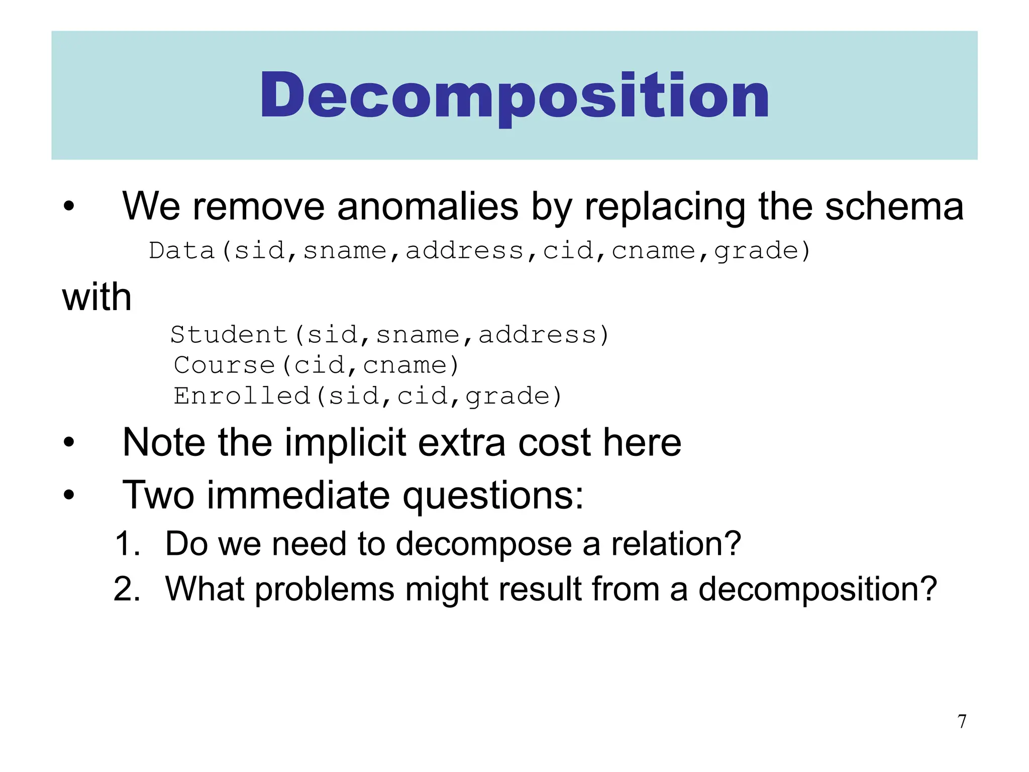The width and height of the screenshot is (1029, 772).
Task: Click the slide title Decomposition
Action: (x=514, y=95)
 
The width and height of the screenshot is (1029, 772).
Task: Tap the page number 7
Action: (x=962, y=721)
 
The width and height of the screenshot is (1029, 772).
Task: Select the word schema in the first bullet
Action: (x=894, y=207)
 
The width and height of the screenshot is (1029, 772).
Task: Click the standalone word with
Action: (x=97, y=297)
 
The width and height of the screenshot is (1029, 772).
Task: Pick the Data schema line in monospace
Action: (x=479, y=250)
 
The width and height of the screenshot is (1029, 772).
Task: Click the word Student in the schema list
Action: (x=229, y=335)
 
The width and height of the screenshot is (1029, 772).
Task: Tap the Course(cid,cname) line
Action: (x=316, y=365)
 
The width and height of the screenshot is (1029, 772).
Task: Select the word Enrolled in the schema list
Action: (x=242, y=396)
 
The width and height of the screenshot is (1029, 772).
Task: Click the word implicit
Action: (x=345, y=443)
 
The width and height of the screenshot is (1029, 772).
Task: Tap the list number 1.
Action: (x=127, y=544)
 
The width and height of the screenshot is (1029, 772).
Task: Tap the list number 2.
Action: (x=127, y=589)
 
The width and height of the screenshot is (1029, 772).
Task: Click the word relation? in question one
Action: (x=676, y=544)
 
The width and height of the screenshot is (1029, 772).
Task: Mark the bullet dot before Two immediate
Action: (x=69, y=496)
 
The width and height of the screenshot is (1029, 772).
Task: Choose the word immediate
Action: (x=298, y=495)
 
